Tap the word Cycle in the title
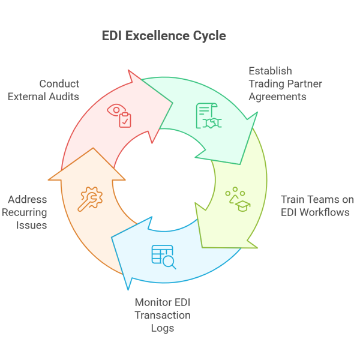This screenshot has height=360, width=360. click(210, 36)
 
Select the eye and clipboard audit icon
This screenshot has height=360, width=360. click(119, 116)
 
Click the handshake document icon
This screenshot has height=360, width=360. click(208, 116)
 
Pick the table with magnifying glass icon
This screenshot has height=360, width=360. click(163, 256)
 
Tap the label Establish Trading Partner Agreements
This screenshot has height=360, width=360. click(285, 83)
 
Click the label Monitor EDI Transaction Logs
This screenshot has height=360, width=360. click(163, 315)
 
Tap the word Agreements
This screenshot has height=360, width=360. click(278, 96)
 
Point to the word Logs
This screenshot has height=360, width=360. click(163, 328)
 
